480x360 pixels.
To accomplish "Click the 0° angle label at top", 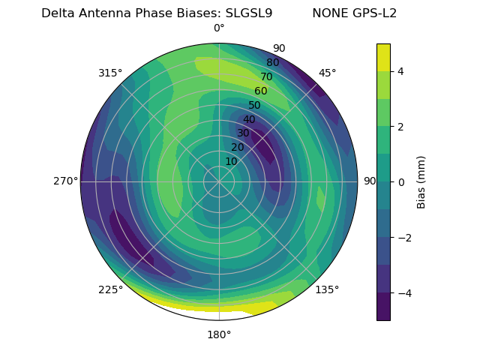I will point(219,28).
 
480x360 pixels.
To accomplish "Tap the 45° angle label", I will point(327,73).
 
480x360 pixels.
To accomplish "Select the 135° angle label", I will point(327,289).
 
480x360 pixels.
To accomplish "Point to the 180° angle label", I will point(219,334).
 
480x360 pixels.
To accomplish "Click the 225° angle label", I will point(110,289).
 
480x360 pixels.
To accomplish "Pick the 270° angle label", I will point(66,181).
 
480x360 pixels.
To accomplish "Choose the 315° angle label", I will point(110,73).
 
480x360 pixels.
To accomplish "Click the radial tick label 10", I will point(231,161).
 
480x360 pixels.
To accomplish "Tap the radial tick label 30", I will point(243,133).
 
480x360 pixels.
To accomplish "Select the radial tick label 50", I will point(254,106).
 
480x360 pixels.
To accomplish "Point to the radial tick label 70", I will point(266,76).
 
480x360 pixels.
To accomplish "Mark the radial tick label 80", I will point(272,63).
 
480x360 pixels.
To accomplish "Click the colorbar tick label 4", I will point(400,71).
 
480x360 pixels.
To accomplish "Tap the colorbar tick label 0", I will point(400,181).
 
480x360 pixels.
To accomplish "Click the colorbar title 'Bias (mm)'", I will point(421,181).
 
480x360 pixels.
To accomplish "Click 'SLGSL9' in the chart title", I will point(249,13).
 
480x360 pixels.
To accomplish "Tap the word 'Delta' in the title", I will point(57,13).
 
